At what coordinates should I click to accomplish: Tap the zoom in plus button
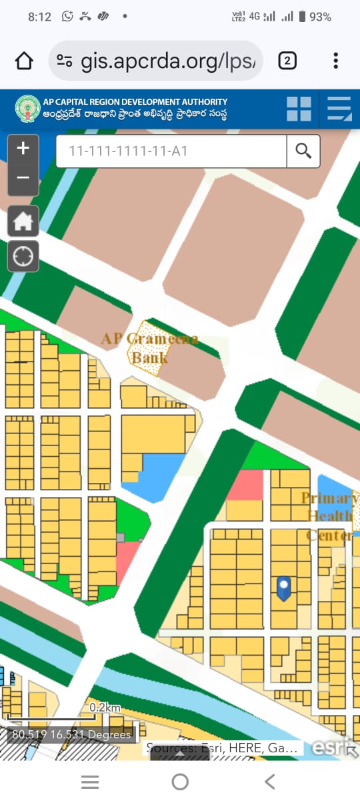point(23,149)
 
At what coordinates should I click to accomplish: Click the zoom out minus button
point(23,178)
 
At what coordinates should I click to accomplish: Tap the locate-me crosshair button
point(23,256)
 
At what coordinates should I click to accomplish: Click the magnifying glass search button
point(303,151)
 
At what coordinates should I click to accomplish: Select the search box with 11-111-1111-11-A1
point(171,151)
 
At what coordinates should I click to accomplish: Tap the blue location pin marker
point(284,588)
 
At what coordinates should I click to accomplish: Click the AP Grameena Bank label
point(150,347)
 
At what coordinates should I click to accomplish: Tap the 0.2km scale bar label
point(105,707)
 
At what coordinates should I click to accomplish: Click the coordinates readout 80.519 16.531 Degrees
point(71,735)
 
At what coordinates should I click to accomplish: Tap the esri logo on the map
point(330,748)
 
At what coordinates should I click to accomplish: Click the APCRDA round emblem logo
point(27,109)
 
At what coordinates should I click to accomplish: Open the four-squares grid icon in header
point(299,109)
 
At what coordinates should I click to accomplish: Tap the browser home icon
point(24,61)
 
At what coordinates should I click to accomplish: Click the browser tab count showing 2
point(287,61)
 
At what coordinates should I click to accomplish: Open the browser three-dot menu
point(335,61)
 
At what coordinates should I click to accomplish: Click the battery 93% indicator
point(315,17)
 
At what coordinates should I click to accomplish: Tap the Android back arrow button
point(269,782)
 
